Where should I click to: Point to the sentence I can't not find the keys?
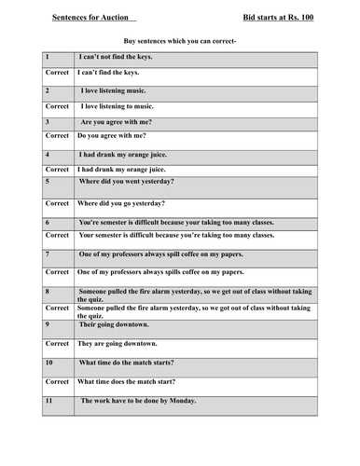tap(116, 57)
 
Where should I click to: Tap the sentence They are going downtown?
tap(120, 344)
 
